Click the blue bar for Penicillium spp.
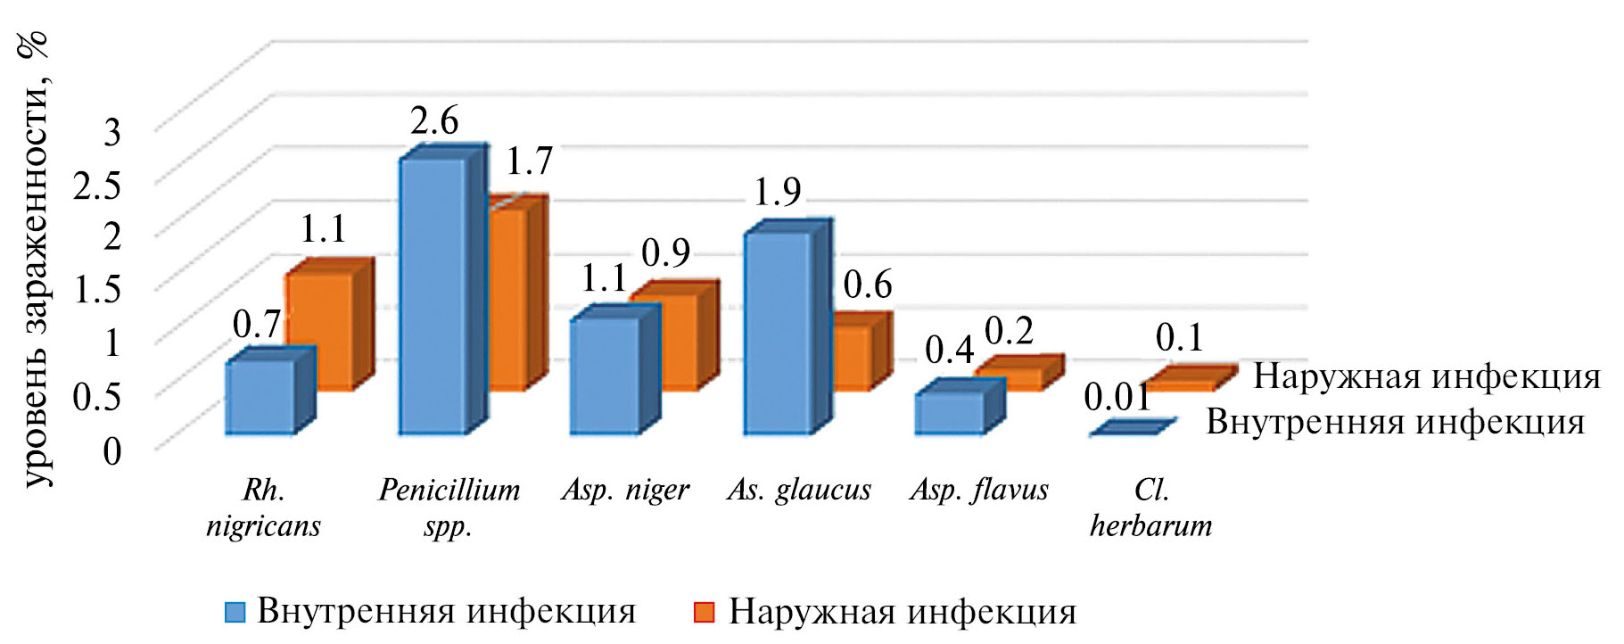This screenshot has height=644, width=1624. tap(433, 294)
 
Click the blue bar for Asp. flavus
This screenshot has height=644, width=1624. tap(949, 412)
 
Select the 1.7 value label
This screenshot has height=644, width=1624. tap(529, 161)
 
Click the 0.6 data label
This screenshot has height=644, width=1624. tap(867, 285)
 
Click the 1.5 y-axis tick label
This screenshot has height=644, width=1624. tap(96, 290)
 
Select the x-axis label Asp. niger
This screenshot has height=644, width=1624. tap(625, 490)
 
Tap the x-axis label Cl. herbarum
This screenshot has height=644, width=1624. tap(1150, 508)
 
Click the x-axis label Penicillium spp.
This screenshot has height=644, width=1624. tap(449, 508)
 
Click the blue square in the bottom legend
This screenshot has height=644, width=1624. tap(235, 613)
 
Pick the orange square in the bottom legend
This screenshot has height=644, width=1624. tap(704, 613)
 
